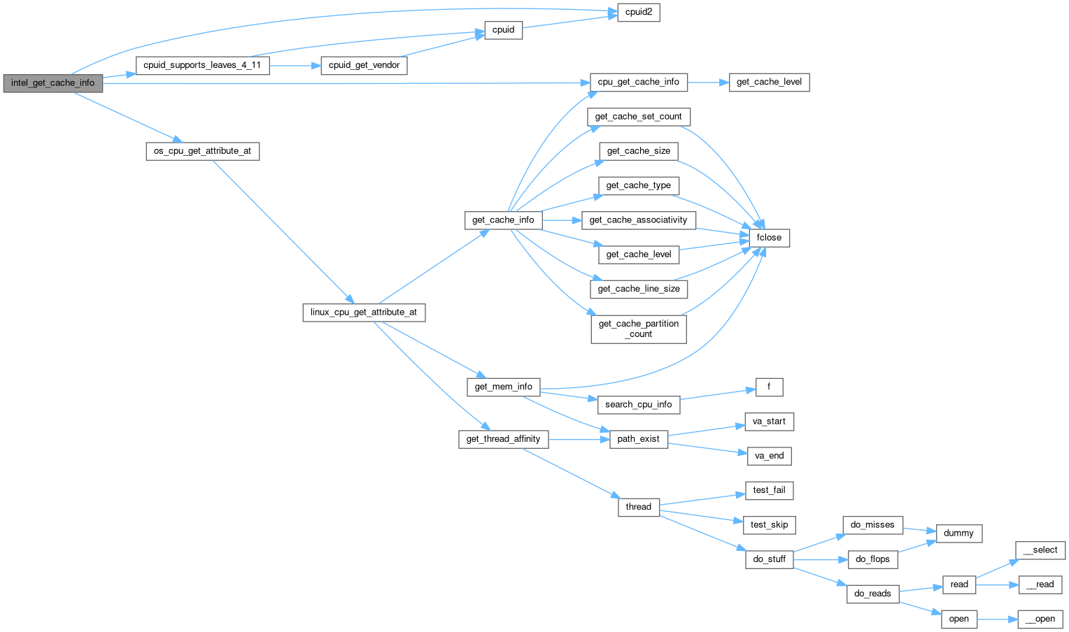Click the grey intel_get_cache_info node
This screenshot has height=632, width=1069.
click(53, 83)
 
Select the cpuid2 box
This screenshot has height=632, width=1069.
click(638, 13)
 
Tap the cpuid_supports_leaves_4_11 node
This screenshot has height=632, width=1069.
click(202, 65)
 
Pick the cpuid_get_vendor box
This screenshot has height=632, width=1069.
click(364, 65)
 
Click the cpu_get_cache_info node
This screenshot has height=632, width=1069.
click(638, 82)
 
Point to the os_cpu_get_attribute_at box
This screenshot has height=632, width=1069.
click(202, 151)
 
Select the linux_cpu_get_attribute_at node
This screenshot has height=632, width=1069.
click(363, 313)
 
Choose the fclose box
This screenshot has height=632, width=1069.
click(769, 238)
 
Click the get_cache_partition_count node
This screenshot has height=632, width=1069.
click(638, 329)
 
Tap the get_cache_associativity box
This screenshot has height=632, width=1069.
click(638, 220)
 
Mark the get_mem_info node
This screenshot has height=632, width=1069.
click(503, 387)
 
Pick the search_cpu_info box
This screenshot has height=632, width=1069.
click(638, 404)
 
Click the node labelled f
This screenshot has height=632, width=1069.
click(769, 387)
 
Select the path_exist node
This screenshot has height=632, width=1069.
click(638, 439)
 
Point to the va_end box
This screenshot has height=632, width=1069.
click(769, 456)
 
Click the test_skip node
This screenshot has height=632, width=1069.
click(769, 524)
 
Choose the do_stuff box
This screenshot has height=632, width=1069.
click(769, 559)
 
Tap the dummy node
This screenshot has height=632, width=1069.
click(958, 533)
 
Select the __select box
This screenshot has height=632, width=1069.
click(1040, 550)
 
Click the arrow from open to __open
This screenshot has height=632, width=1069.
click(996, 619)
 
